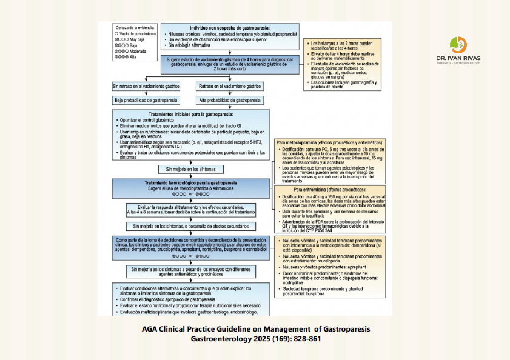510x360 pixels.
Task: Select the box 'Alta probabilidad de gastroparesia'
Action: (x=229, y=100)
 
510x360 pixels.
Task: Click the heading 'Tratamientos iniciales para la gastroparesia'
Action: (x=191, y=115)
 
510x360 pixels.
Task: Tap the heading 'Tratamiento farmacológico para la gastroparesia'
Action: (x=190, y=182)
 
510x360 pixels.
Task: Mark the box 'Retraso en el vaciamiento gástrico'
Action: (x=229, y=87)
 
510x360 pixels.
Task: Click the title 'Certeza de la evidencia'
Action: (x=134, y=28)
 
